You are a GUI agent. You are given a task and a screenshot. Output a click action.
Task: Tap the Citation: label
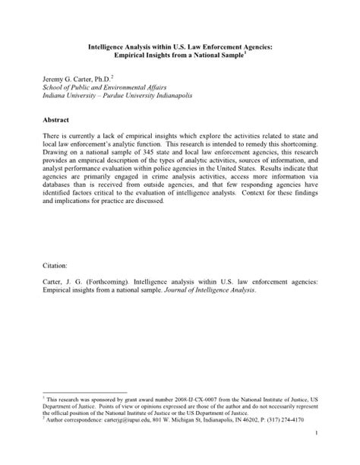point(48,267)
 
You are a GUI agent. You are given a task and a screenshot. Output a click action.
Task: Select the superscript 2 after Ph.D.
point(113,76)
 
